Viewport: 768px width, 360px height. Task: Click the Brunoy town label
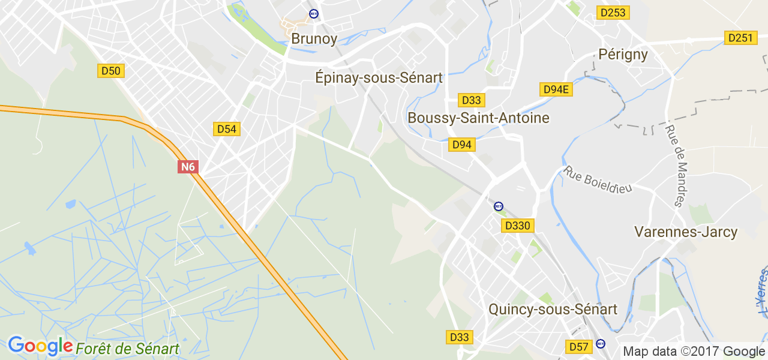(x=314, y=39)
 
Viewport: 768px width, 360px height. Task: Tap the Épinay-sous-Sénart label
(x=379, y=78)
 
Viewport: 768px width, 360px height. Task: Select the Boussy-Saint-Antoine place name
(x=478, y=118)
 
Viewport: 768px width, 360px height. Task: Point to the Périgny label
(x=623, y=55)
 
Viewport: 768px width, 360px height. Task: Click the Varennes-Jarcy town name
(x=686, y=232)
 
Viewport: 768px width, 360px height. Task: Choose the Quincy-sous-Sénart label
(x=553, y=309)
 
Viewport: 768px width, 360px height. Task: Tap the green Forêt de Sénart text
(x=127, y=349)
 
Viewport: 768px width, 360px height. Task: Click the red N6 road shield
(x=188, y=167)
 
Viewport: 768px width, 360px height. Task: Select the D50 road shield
(x=111, y=71)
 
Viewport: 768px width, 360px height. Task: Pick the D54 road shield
(x=227, y=129)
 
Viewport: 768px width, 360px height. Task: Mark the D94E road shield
(x=556, y=89)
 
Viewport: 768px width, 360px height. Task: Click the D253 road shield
(x=613, y=12)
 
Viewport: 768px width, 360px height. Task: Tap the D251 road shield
(x=740, y=38)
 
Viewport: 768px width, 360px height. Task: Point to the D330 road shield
(x=517, y=226)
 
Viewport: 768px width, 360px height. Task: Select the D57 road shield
(x=579, y=347)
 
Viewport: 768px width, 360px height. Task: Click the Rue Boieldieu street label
(x=598, y=179)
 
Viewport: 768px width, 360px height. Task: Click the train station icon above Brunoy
(x=313, y=13)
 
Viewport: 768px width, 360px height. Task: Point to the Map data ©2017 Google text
(x=694, y=352)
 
